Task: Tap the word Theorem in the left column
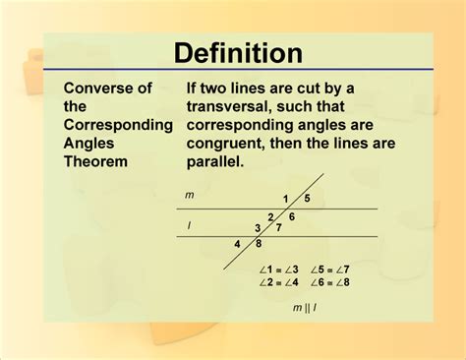tap(97, 160)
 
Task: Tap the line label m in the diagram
tap(190, 195)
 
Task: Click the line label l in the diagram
tap(189, 224)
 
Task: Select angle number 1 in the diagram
tap(286, 199)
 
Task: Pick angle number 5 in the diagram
tap(307, 198)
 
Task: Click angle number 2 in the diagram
tap(270, 217)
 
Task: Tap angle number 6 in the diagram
tap(291, 215)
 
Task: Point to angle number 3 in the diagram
tap(259, 228)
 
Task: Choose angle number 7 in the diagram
tap(278, 227)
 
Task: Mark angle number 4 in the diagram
tap(237, 245)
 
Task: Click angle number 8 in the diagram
tap(259, 244)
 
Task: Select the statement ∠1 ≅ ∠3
tap(279, 270)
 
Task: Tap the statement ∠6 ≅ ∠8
tap(330, 282)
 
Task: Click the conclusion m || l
tap(305, 308)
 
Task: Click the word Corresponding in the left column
tap(118, 125)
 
